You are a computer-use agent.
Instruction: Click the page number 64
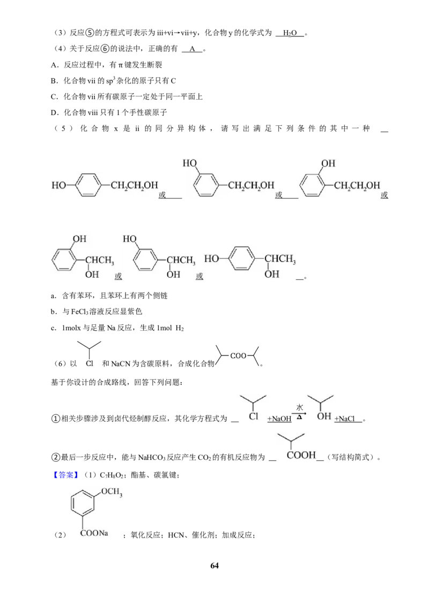[214, 565]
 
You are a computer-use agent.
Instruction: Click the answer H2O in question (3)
[290, 33]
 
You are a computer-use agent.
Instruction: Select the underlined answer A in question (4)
[192, 49]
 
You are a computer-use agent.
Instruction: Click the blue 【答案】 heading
[65, 475]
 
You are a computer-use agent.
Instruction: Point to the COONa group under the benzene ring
[94, 533]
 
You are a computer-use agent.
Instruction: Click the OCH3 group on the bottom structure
[112, 492]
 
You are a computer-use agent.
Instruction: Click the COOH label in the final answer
[301, 455]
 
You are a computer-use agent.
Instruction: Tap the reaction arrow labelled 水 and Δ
[299, 413]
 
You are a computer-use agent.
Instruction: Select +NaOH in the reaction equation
[279, 419]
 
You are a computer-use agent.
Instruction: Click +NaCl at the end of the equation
[345, 419]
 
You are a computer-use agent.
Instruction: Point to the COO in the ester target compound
[238, 355]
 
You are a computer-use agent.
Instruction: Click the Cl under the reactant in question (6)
[90, 363]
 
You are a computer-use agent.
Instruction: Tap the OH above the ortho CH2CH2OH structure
[328, 163]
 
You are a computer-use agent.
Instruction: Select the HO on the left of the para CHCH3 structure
[211, 259]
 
